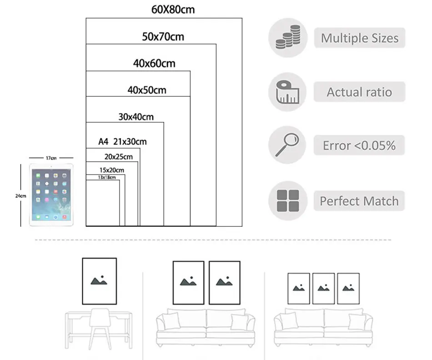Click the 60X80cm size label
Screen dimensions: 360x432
pos(173,10)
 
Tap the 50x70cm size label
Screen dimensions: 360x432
pos(163,37)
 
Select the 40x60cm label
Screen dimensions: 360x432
pos(154,64)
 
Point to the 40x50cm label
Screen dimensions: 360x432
pos(147,90)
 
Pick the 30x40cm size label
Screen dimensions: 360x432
pos(136,117)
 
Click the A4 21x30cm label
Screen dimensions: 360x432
pos(123,142)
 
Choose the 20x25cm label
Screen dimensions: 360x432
pos(118,157)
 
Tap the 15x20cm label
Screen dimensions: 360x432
pos(112,170)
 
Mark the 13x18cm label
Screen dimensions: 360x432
pos(107,177)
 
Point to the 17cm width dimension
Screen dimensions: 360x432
pos(51,158)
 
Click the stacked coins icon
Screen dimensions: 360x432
pos(287,38)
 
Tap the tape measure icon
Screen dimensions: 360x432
pos(287,92)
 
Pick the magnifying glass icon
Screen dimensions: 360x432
pos(287,145)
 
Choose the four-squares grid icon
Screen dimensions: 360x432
pos(287,200)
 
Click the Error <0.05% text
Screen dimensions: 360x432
pos(359,145)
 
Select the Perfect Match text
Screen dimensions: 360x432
pos(359,201)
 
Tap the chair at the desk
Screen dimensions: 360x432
pos(100,327)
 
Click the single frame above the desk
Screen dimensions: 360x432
pos(99,281)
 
